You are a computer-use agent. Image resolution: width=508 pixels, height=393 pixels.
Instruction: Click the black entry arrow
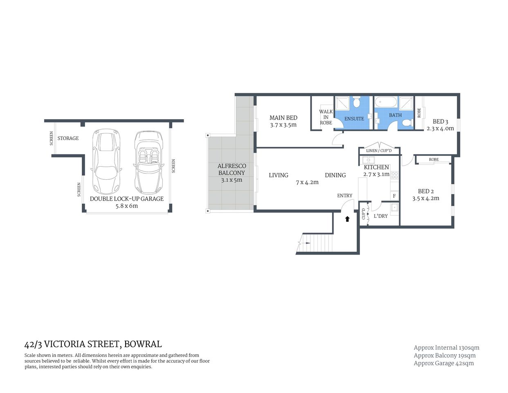[x=347, y=219]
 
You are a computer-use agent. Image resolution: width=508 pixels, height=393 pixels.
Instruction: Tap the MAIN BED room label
[x=283, y=118]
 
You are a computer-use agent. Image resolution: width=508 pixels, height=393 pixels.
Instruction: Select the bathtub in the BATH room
[x=385, y=102]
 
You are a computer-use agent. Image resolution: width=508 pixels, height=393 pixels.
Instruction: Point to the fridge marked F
[x=394, y=196]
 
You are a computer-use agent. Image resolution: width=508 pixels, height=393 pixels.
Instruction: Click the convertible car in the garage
[x=148, y=162]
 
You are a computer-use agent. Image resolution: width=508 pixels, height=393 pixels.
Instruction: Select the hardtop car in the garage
[x=106, y=162]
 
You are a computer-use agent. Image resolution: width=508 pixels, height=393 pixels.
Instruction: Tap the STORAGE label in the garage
[x=68, y=138]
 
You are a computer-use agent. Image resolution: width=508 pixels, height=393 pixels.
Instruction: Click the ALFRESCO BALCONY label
[x=232, y=169]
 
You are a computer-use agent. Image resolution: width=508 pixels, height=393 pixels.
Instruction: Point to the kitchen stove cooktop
[x=395, y=175]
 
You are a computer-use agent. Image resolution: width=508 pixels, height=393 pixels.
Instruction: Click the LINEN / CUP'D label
[x=379, y=151]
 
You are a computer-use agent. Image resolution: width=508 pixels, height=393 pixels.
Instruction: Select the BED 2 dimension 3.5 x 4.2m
[x=426, y=199]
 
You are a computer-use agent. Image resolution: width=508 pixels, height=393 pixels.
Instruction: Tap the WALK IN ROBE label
[x=326, y=117]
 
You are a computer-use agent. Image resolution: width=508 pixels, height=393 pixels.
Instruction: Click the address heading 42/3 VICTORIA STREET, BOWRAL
[x=93, y=344]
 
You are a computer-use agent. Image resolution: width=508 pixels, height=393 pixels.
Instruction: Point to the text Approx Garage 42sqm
[x=443, y=363]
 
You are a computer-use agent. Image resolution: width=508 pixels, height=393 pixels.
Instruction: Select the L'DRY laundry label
[x=380, y=216]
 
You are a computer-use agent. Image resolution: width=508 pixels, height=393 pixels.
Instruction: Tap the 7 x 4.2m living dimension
[x=307, y=182]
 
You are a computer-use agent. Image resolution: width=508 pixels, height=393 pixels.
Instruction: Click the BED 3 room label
[x=440, y=122]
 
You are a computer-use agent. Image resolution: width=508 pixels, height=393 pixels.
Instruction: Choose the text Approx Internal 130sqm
[x=446, y=348]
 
